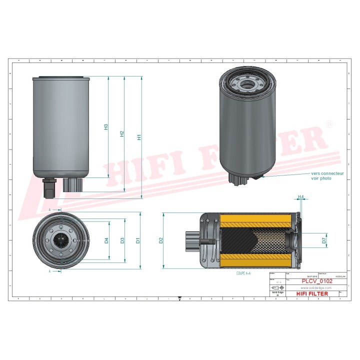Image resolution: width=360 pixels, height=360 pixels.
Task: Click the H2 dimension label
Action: tap(121, 134)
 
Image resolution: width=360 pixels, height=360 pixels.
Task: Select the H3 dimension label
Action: tap(105, 127)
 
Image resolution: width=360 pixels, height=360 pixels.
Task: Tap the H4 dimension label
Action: tap(301, 196)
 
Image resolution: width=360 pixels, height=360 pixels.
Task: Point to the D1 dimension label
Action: tap(138, 240)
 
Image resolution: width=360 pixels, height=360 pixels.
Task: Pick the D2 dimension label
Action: tap(161, 240)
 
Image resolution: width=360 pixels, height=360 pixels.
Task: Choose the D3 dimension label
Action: tap(122, 240)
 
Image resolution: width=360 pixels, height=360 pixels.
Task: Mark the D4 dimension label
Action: tap(106, 240)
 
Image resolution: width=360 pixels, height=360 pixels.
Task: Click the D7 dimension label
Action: tap(324, 240)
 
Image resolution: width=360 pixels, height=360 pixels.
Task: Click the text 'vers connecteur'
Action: tap(328, 173)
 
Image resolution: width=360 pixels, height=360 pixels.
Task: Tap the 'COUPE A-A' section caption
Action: tap(243, 274)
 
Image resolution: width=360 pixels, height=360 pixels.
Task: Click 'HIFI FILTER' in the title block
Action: tap(312, 294)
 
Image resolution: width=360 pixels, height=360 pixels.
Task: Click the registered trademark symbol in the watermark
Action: tap(329, 123)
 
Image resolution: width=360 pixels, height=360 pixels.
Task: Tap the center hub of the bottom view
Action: tap(60, 241)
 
